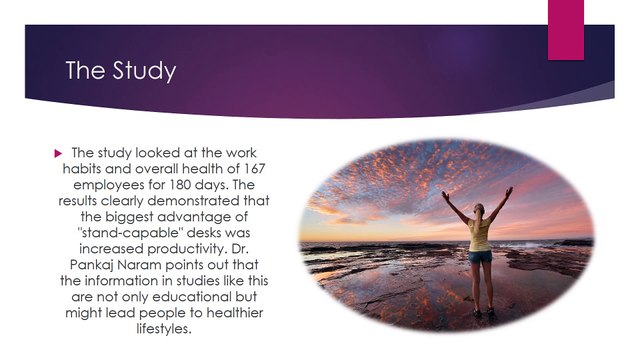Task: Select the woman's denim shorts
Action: point(479,257)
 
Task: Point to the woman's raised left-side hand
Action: point(445,193)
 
